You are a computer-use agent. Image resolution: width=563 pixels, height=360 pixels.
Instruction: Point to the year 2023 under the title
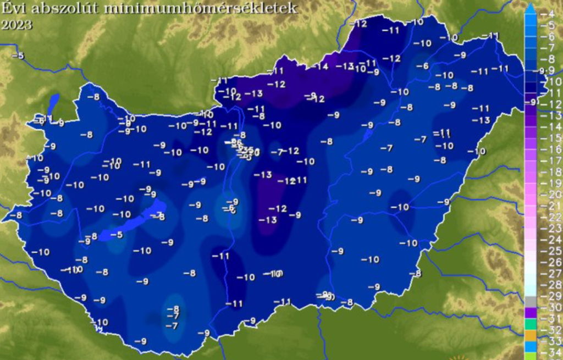click(x=17, y=25)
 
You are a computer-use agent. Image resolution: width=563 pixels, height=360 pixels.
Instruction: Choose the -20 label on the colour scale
click(x=553, y=195)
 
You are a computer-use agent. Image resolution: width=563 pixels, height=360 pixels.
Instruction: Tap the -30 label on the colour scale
click(x=553, y=307)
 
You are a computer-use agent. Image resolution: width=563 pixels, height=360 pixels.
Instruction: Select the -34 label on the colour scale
click(x=553, y=352)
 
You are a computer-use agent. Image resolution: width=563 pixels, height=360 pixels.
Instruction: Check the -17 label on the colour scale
click(x=553, y=160)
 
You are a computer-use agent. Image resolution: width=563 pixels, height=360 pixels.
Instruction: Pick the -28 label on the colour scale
click(x=553, y=285)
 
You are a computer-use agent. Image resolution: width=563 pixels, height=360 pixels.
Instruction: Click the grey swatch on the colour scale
click(x=530, y=302)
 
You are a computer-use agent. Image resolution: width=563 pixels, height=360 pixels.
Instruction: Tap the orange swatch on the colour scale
click(x=530, y=335)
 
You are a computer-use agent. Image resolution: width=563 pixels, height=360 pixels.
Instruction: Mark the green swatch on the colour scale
click(x=530, y=324)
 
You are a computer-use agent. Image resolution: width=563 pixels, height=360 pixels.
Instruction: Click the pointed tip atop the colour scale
click(x=530, y=7)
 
